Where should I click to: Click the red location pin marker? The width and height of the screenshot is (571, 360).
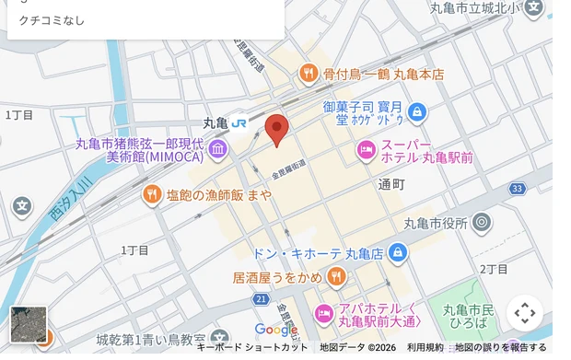coord(277,130)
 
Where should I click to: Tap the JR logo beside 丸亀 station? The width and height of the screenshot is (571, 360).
coord(239,122)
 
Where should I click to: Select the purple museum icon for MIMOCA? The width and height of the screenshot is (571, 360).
coord(218,149)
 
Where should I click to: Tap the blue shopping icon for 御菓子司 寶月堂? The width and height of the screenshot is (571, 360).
coord(417,112)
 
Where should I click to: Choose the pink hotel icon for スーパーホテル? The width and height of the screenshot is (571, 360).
coord(366,149)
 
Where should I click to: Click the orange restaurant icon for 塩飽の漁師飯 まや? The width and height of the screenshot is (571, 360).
coord(151,194)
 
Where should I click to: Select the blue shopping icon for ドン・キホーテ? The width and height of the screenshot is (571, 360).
coord(397,251)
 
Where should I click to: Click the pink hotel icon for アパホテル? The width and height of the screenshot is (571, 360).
coord(324,313)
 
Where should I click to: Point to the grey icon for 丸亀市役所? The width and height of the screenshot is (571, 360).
coord(482,222)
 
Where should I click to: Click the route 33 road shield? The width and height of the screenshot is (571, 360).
coord(518,189)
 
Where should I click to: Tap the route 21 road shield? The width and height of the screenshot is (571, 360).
coord(262,299)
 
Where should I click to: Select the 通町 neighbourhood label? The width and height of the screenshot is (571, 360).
coord(390,184)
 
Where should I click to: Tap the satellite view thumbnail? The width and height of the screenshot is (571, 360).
coord(28,324)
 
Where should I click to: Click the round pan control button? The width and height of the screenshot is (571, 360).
coord(524,313)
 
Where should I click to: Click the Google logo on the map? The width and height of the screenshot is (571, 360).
coord(276,330)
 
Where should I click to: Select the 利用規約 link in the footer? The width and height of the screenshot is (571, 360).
coord(425,347)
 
